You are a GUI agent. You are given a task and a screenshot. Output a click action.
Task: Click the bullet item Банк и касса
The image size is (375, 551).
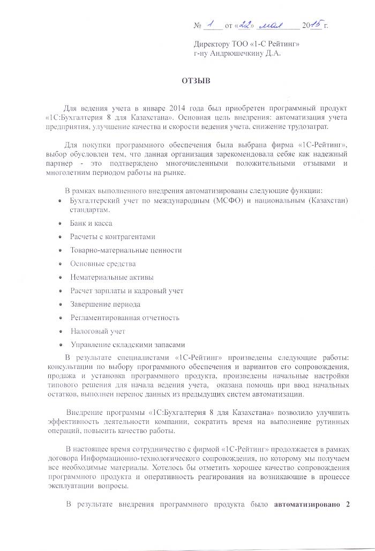(x=91, y=223)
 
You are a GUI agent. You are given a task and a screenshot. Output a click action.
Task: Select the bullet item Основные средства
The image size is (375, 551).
(x=103, y=264)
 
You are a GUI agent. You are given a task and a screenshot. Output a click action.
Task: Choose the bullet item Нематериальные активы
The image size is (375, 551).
(x=111, y=277)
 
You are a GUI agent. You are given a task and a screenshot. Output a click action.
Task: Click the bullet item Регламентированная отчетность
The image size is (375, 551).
(x=124, y=318)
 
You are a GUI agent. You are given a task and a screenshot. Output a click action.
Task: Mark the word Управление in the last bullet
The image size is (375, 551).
(x=89, y=345)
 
